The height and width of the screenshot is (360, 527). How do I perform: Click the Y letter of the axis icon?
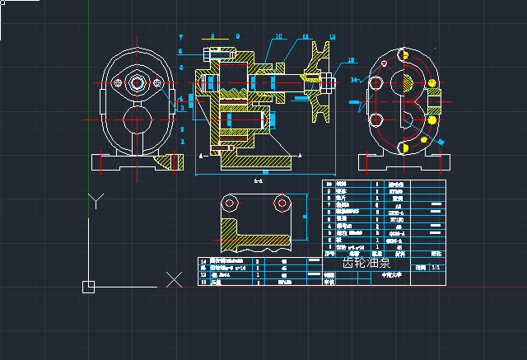tap(96, 200)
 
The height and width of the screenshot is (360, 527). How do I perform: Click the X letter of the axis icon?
tap(174, 279)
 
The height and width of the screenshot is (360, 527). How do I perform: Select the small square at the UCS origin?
tap(88, 287)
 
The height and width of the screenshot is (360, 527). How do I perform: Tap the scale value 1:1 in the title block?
tap(436, 268)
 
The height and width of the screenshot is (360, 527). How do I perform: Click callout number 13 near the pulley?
tap(352, 60)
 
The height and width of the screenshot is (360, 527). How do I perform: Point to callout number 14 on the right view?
tap(354, 80)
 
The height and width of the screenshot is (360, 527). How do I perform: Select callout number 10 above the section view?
tap(278, 37)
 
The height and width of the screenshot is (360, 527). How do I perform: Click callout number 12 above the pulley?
tap(331, 37)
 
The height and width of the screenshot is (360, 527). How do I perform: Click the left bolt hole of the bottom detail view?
tap(231, 202)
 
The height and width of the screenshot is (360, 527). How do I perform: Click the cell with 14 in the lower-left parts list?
tap(204, 261)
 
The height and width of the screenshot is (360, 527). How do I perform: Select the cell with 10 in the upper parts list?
tap(329, 184)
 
